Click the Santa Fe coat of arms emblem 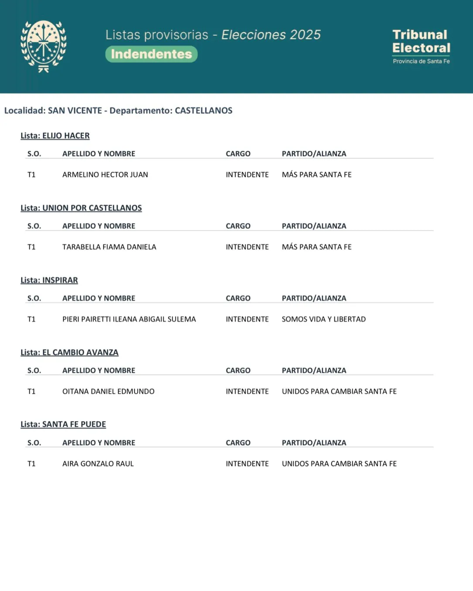click(x=43, y=46)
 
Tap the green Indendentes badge click(x=151, y=54)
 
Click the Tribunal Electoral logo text click(x=421, y=42)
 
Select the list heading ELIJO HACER click(x=55, y=136)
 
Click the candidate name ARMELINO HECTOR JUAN click(x=105, y=175)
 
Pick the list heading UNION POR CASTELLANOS click(x=81, y=208)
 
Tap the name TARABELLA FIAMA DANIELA click(x=109, y=247)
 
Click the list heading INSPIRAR click(x=49, y=280)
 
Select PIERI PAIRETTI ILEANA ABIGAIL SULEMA click(x=129, y=319)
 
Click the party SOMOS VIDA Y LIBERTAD click(x=323, y=319)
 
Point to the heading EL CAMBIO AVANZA click(x=69, y=352)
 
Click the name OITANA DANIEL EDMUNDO click(x=108, y=391)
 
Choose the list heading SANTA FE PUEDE click(x=63, y=425)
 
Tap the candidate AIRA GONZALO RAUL click(x=98, y=464)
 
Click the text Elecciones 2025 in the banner click(x=271, y=35)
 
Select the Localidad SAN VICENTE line click(x=118, y=111)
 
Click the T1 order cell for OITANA click(x=31, y=391)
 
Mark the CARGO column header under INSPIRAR click(x=238, y=298)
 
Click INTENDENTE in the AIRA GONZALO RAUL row click(x=247, y=464)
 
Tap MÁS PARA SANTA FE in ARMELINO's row click(x=316, y=175)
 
